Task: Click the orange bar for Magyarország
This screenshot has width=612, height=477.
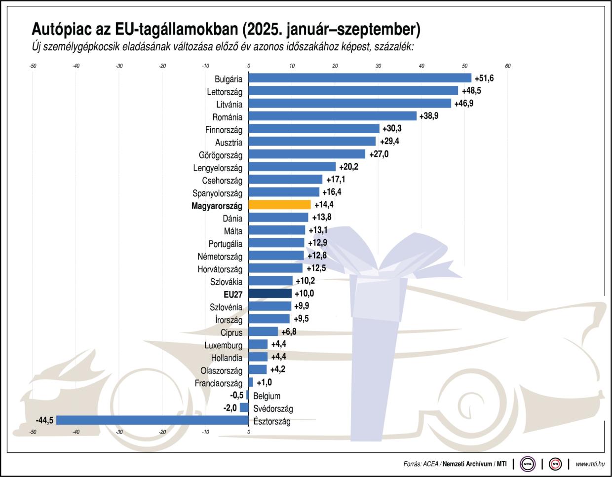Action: [x=280, y=205]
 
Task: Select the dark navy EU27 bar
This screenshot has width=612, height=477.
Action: [x=270, y=294]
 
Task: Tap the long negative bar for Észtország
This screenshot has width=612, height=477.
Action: [x=153, y=420]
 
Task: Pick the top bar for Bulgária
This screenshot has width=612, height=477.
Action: [x=360, y=78]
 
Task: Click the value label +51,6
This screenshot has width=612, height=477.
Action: [x=484, y=78]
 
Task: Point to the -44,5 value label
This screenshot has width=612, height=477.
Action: [x=44, y=420]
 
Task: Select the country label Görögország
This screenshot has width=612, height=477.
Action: [x=221, y=155]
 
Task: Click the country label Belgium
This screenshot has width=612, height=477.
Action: [x=267, y=396]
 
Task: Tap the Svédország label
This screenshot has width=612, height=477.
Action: [x=273, y=408]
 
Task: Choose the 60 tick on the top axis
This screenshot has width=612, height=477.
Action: [x=508, y=66]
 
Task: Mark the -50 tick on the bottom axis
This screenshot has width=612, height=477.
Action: [x=33, y=432]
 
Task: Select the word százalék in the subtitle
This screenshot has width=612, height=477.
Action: [x=394, y=47]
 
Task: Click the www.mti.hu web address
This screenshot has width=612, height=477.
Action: [x=590, y=464]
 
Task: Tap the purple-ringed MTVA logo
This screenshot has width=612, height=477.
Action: [x=527, y=464]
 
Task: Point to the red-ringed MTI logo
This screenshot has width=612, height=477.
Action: [x=555, y=464]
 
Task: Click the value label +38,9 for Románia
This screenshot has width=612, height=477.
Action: [x=429, y=116]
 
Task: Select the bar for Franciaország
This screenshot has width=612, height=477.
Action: [x=251, y=382]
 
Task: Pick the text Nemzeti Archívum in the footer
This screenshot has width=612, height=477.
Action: [x=467, y=464]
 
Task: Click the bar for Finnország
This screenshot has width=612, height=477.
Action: [x=314, y=129]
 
